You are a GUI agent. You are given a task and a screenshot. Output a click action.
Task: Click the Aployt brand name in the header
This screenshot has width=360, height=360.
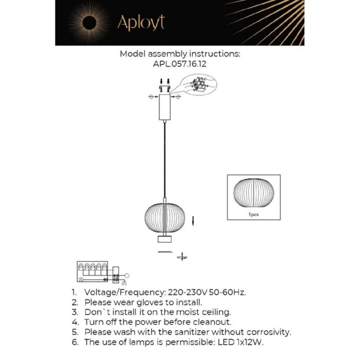(140, 23)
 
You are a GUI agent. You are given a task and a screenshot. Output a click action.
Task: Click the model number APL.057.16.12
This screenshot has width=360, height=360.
(180, 64)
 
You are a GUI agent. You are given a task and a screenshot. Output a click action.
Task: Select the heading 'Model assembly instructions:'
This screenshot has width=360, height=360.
(180, 54)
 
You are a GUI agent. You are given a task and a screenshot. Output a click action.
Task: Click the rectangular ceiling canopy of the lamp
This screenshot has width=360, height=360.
(164, 107)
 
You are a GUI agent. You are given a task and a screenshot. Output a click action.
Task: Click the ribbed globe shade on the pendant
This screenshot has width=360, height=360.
(164, 217)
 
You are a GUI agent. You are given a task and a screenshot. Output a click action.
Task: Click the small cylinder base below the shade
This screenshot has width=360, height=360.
(164, 239)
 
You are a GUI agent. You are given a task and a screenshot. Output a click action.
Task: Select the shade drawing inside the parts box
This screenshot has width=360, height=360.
(254, 193)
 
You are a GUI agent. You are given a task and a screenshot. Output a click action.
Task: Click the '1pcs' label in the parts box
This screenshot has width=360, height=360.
(254, 214)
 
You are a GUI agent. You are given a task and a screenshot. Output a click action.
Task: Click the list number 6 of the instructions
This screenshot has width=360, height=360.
(74, 342)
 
